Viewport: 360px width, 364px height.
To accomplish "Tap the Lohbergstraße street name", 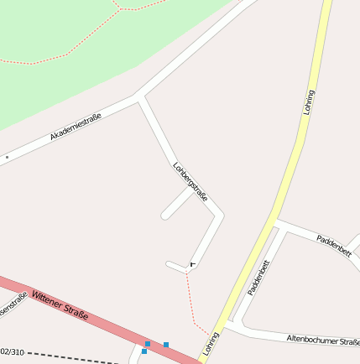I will click(190, 182).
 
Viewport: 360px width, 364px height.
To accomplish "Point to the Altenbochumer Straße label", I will click(323, 341).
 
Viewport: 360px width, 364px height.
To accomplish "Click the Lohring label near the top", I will click(310, 102).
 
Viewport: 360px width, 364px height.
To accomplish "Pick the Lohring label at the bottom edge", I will click(210, 343).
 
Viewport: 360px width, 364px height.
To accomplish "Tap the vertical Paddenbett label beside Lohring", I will click(258, 279).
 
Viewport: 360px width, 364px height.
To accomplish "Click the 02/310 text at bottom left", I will click(12, 351).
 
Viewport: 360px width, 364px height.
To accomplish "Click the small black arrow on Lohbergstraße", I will click(193, 264).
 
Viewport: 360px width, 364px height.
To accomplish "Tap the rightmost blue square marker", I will click(166, 345).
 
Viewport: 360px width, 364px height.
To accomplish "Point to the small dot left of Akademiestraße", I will click(7, 157).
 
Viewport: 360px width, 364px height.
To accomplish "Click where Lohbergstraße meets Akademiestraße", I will click(140, 96).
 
